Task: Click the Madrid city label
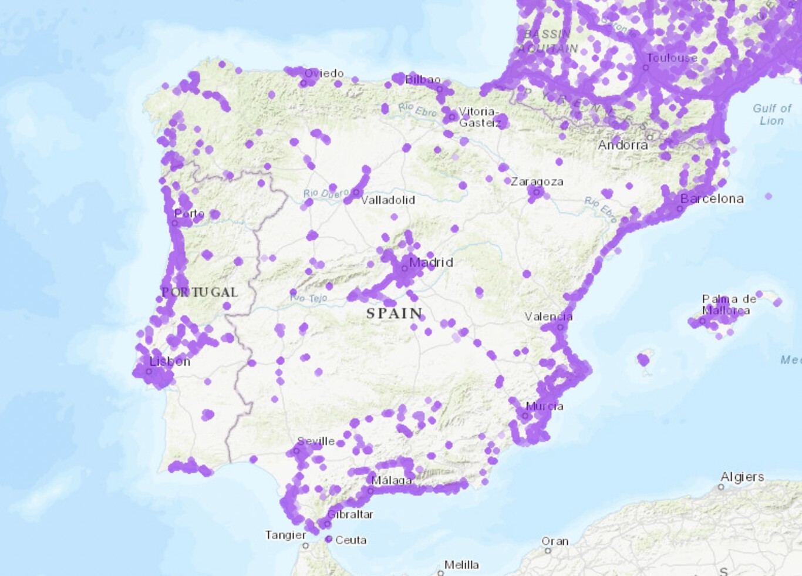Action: pos(431,262)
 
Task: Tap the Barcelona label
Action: pos(712,198)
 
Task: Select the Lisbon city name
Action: pos(170,362)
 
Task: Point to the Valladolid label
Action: pos(388,200)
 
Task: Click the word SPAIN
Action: pos(395,314)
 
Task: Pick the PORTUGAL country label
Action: pos(200,292)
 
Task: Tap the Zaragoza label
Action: pos(537,182)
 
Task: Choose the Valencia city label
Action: pos(548,317)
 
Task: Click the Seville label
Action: pos(316,441)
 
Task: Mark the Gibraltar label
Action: pos(350,514)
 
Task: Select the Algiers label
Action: pos(742,477)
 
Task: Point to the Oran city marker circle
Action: pos(548,551)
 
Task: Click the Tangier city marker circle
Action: pos(305,545)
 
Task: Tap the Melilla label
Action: pos(461,565)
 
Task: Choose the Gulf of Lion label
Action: pos(772,114)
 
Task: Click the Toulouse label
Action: pos(672,58)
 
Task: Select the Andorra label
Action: pos(623,145)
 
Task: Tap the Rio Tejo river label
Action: pos(309,298)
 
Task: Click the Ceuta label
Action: pos(351,540)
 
